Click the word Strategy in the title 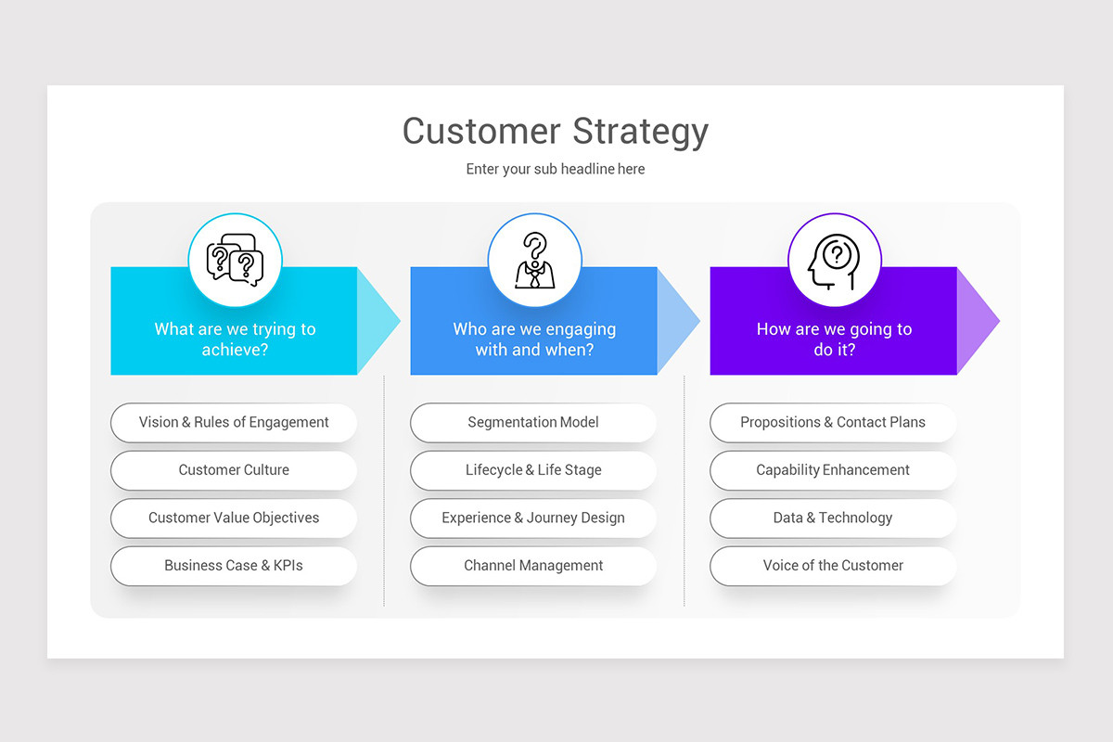640,131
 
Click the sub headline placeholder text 556,169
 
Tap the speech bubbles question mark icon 235,261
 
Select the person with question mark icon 534,261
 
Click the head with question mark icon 834,261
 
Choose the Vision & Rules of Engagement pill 234,422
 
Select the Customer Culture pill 234,470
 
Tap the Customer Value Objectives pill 234,518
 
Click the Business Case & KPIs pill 234,566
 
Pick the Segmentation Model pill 533,422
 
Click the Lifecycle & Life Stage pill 533,470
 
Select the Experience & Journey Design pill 533,518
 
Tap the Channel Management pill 533,566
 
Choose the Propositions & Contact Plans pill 833,422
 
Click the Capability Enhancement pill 833,470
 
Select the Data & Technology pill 833,518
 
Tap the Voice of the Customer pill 833,566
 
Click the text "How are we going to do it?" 834,339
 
